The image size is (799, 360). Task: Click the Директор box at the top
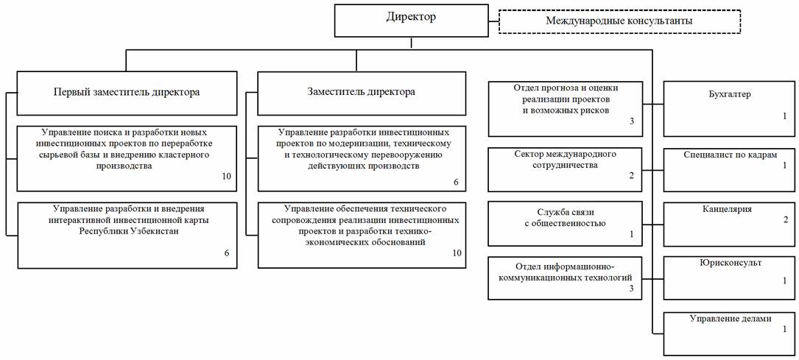click(411, 21)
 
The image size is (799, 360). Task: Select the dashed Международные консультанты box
click(619, 21)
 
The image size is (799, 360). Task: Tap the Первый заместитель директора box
click(127, 93)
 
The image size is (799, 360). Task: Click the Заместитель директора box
click(362, 93)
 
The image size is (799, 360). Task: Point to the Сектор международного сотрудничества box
click(566, 169)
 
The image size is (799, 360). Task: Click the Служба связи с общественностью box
click(566, 225)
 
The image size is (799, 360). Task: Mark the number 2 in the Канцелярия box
click(785, 220)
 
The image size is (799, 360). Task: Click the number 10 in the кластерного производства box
click(227, 177)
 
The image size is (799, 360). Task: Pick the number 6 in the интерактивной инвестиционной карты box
click(227, 253)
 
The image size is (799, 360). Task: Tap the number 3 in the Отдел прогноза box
click(632, 122)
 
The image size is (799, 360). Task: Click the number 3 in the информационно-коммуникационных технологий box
click(632, 289)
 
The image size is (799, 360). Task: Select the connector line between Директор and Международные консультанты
click(493, 21)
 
